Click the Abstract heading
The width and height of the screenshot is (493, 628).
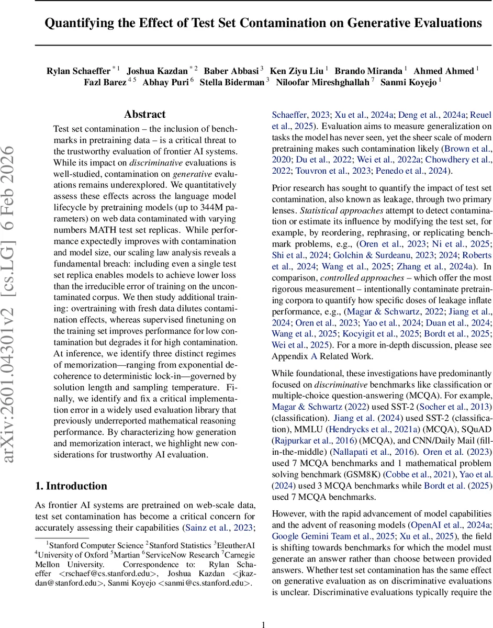pyautogui.click(x=145, y=114)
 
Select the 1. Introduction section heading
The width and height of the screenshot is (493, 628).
pyautogui.click(x=71, y=486)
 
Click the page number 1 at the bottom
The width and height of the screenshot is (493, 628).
pyautogui.click(x=264, y=610)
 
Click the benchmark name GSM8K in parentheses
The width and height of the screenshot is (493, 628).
pyautogui.click(x=366, y=475)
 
